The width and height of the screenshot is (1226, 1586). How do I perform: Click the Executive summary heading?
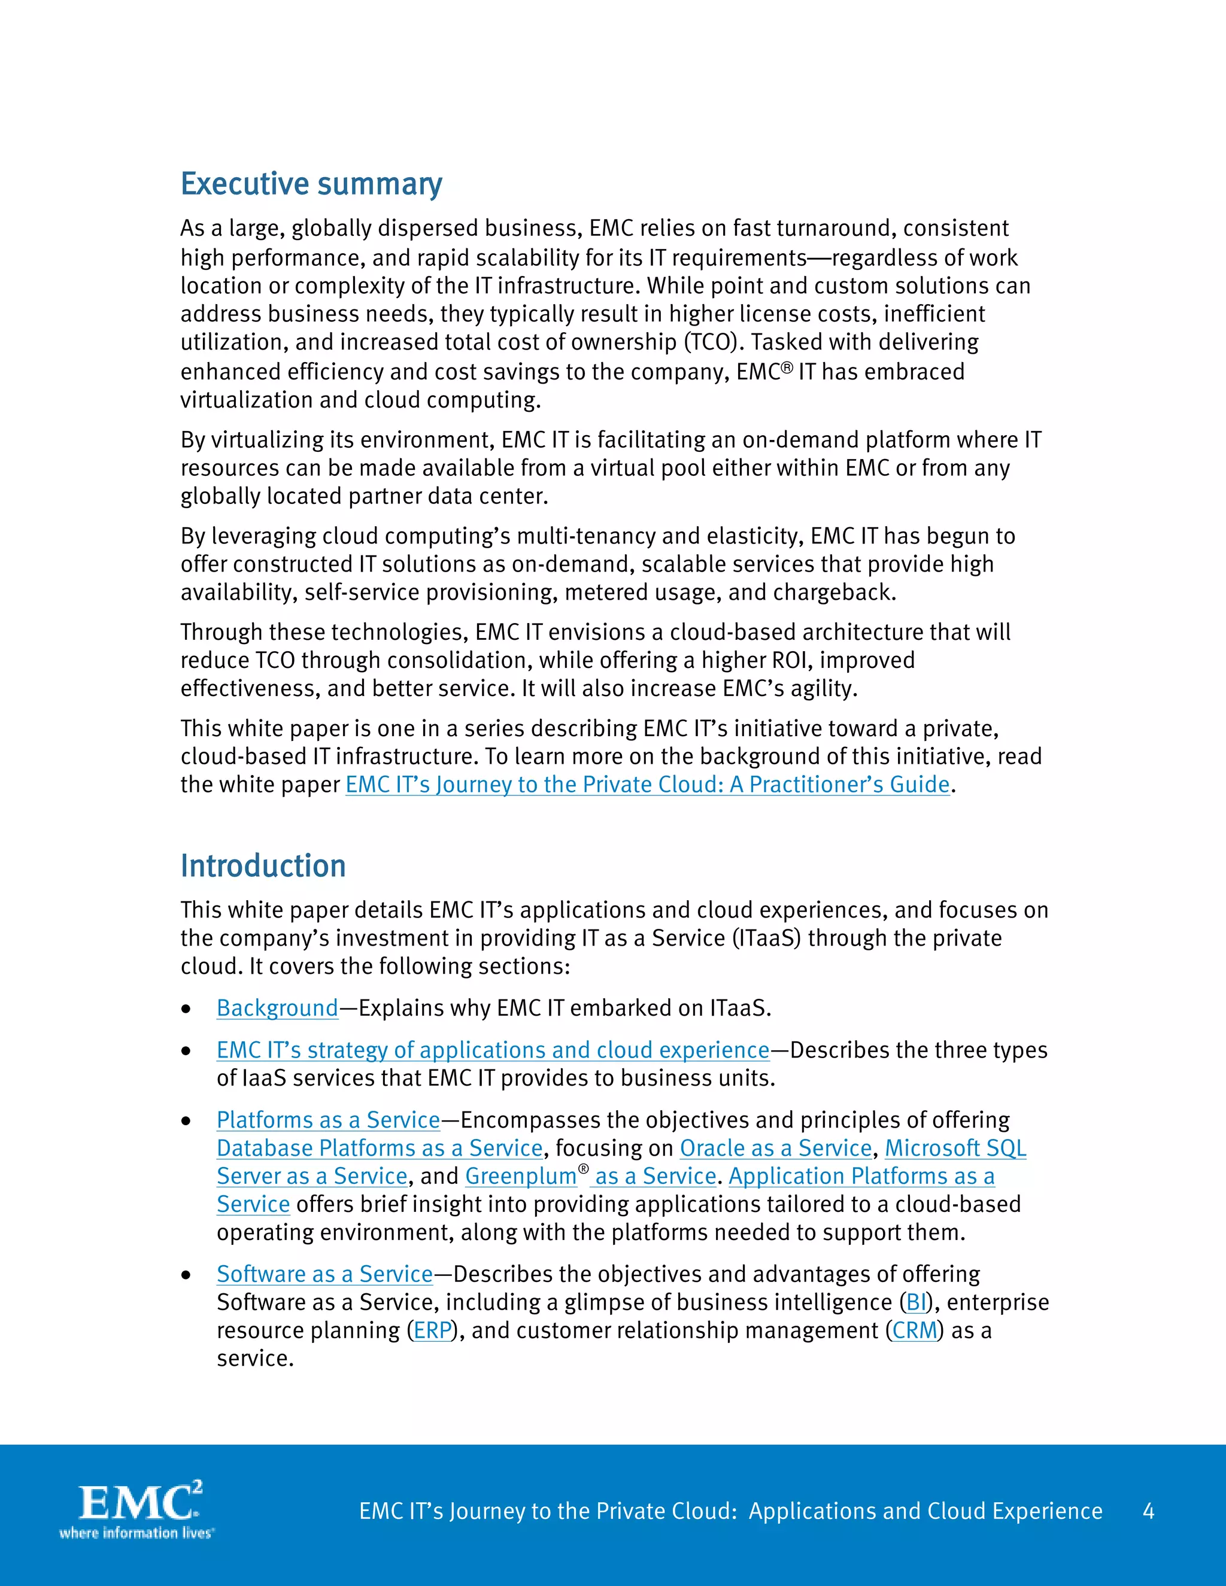pyautogui.click(x=311, y=184)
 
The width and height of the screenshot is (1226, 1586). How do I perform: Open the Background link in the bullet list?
pyautogui.click(x=277, y=1008)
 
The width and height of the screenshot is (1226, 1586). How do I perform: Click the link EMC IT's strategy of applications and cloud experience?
pyautogui.click(x=493, y=1050)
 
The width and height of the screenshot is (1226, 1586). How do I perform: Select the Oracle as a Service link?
pyautogui.click(x=775, y=1148)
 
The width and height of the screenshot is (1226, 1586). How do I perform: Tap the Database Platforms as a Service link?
pyautogui.click(x=379, y=1148)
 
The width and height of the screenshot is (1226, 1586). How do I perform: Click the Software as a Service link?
pyautogui.click(x=324, y=1274)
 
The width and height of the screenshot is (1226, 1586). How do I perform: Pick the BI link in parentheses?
pyautogui.click(x=916, y=1302)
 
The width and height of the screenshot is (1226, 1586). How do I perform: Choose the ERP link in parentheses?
pyautogui.click(x=432, y=1330)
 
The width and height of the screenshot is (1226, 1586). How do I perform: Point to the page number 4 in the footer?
pyautogui.click(x=1148, y=1511)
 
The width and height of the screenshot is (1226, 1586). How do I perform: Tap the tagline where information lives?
pyautogui.click(x=136, y=1533)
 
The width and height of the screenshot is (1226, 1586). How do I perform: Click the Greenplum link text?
pyautogui.click(x=520, y=1177)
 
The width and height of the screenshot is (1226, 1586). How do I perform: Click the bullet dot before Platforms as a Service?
pyautogui.click(x=187, y=1121)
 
